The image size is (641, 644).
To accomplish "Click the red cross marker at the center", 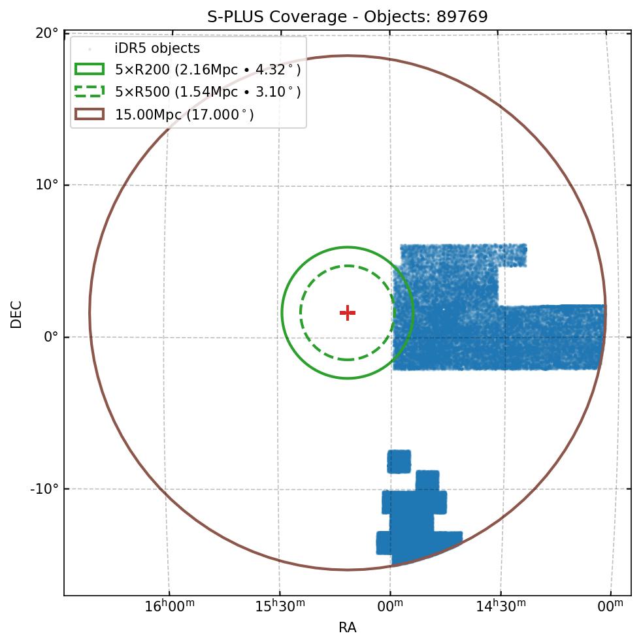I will pyautogui.click(x=348, y=313).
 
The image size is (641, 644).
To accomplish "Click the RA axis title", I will pyautogui.click(x=347, y=628).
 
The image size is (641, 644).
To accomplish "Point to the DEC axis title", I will pyautogui.click(x=16, y=314).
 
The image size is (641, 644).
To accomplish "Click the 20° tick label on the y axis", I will pyautogui.click(x=47, y=33).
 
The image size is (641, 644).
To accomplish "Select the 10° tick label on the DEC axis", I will pyautogui.click(x=47, y=185).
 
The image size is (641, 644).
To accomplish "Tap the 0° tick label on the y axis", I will pyautogui.click(x=51, y=337).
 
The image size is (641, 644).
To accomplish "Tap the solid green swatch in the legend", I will pyautogui.click(x=90, y=70).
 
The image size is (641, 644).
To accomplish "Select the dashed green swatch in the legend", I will pyautogui.click(x=90, y=92).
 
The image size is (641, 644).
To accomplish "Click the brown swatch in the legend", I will pyautogui.click(x=90, y=114).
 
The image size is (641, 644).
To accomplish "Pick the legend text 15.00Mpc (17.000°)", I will pyautogui.click(x=184, y=115).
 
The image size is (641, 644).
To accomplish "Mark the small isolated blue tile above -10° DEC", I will pyautogui.click(x=399, y=461).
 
